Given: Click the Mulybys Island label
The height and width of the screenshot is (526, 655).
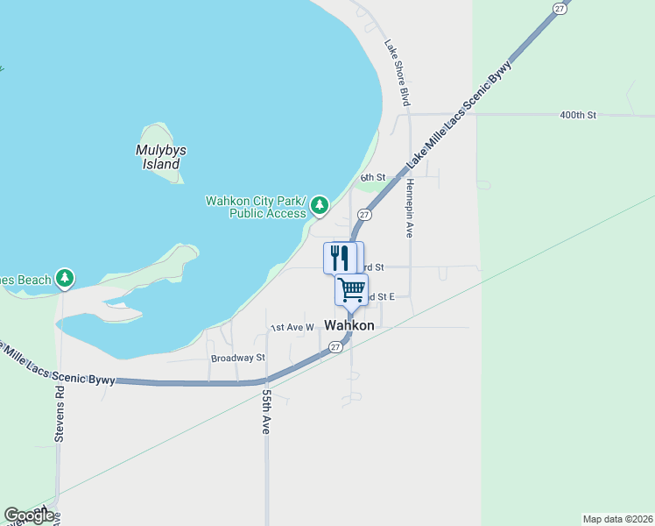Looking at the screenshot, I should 161,157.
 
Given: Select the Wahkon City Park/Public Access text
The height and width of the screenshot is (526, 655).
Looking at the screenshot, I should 256,207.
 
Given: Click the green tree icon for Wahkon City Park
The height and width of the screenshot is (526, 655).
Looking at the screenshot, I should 320,205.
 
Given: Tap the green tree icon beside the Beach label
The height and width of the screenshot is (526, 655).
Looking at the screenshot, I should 64,279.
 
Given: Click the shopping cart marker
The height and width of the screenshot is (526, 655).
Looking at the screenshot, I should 351,289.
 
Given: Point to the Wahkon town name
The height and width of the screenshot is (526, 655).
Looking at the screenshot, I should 349,325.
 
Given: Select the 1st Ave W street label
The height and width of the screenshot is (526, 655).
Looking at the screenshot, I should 292,327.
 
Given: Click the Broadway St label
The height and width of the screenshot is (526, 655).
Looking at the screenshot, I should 237,358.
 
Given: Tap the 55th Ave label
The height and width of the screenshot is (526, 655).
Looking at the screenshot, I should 266,413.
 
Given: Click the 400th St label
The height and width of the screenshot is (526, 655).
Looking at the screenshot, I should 578,115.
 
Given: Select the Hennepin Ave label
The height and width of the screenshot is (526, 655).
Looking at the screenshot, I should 409,209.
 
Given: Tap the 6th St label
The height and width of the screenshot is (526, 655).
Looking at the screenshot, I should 373,178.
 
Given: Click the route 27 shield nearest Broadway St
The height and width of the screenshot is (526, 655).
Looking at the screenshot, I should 335,347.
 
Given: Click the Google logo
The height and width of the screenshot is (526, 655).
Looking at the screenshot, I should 28,515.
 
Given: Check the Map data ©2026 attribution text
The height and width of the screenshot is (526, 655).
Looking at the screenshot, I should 617,519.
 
